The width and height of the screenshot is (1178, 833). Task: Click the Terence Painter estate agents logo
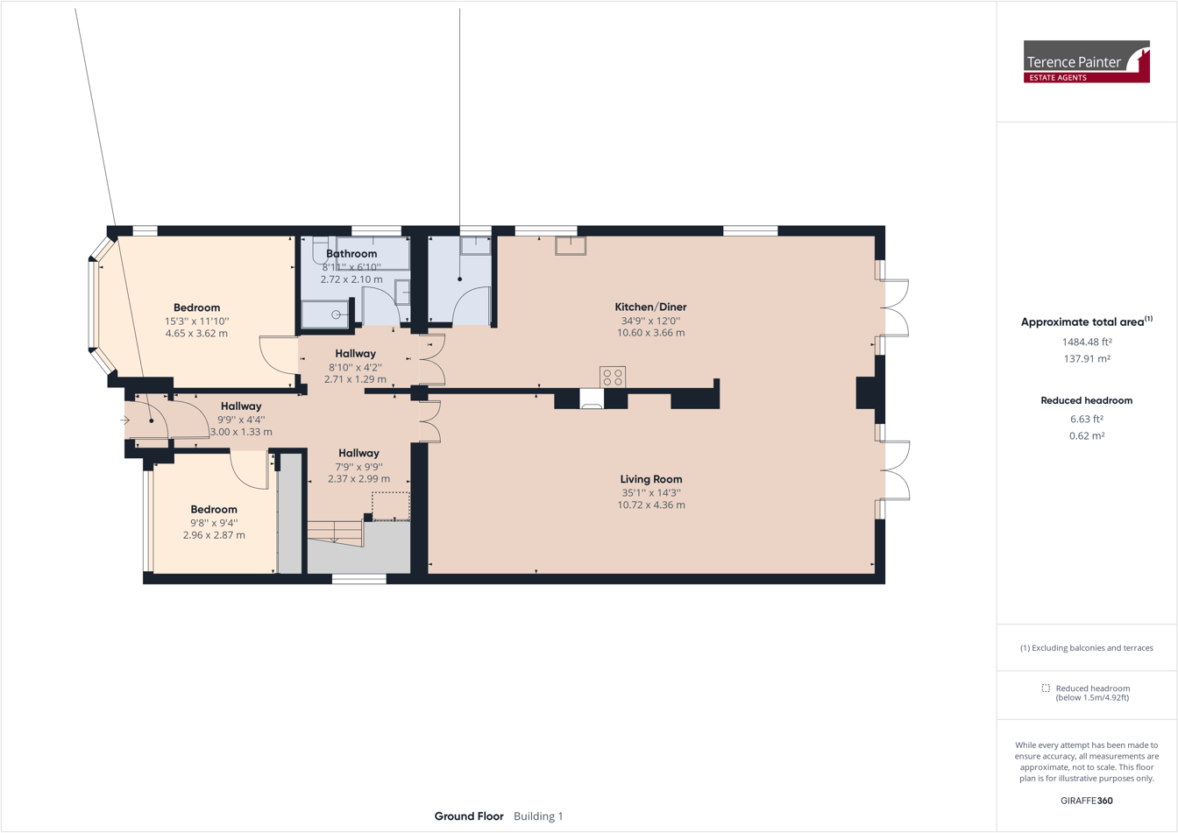(x=1086, y=61)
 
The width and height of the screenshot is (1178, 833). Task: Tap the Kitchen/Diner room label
(x=650, y=307)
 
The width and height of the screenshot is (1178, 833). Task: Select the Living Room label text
(x=650, y=479)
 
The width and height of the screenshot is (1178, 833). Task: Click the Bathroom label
(x=351, y=254)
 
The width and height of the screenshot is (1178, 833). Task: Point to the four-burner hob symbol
(x=613, y=378)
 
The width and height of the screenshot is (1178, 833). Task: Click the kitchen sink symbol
(x=571, y=245)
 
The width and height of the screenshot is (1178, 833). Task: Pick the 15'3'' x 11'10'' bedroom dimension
(x=196, y=321)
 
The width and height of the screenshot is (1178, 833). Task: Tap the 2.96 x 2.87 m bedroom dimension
(x=214, y=534)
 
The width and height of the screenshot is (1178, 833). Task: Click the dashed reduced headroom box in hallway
(x=390, y=505)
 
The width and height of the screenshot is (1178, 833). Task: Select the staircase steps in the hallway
(x=335, y=533)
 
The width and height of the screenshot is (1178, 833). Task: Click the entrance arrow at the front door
(x=125, y=420)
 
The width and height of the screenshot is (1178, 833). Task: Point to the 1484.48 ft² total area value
(x=1086, y=342)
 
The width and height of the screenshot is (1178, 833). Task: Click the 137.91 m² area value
(x=1086, y=359)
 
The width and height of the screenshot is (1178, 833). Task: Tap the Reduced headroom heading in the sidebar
(x=1086, y=400)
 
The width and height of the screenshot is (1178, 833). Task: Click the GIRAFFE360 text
(x=1086, y=800)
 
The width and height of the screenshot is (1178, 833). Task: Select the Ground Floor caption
(x=469, y=816)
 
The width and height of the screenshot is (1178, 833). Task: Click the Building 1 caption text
(x=538, y=816)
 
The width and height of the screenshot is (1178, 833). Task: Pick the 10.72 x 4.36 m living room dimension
(x=650, y=505)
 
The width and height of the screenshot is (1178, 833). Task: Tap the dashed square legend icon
(x=1046, y=688)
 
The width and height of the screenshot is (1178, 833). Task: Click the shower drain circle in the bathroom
(x=336, y=314)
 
